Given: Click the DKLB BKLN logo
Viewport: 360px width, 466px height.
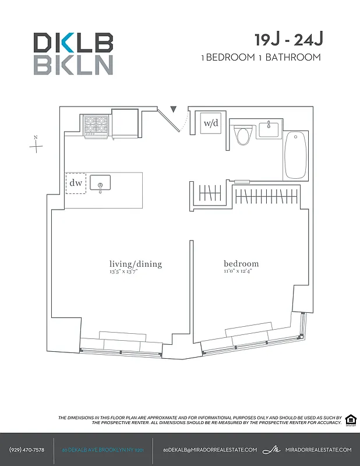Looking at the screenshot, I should (73, 54).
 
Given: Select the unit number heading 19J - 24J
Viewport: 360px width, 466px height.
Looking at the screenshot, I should (288, 40).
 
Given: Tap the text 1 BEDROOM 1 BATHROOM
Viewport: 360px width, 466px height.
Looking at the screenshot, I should (260, 57).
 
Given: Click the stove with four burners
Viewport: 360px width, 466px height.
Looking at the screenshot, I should (96, 125).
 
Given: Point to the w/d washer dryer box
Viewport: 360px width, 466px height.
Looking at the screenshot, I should (210, 123).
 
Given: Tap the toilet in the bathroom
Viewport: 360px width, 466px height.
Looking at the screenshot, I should (243, 136).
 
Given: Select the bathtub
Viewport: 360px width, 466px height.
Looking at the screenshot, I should (295, 156).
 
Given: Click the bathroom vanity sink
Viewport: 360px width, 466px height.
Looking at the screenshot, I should (269, 129).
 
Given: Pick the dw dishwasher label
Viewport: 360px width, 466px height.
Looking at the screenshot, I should (76, 183).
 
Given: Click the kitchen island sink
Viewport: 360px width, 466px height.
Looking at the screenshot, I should (100, 184).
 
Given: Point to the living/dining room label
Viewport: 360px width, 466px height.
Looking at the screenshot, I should (135, 264).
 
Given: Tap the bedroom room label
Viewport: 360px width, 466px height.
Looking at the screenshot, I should (241, 264).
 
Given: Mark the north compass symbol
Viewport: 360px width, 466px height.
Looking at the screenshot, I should (36, 144).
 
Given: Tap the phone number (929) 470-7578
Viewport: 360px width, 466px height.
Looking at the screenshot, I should (27, 450).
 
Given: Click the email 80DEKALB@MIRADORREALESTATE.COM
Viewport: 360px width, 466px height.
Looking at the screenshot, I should (210, 450).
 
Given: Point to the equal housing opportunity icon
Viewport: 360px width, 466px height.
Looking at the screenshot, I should (351, 420).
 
